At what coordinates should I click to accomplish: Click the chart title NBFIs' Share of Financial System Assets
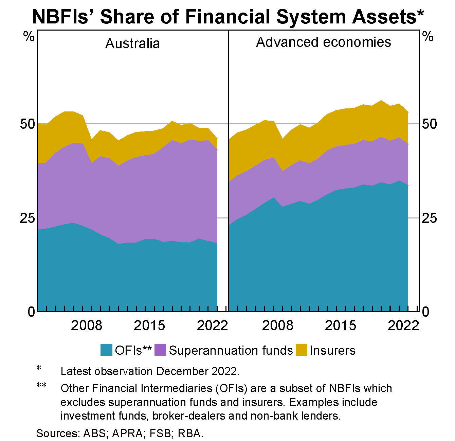point(227,16)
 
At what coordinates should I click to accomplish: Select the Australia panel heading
point(132,43)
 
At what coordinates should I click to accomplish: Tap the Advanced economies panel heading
point(323,42)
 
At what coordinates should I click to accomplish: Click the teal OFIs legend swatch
point(106,350)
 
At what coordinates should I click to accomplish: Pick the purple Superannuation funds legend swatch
point(160,350)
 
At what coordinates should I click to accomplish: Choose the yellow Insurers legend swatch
point(301,350)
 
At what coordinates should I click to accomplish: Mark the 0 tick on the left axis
point(31,311)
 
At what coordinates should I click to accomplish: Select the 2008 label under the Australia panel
point(87,325)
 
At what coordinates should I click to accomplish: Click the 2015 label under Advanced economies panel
point(341,325)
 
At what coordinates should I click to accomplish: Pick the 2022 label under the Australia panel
point(212,325)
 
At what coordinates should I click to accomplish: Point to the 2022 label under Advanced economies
point(403,325)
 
